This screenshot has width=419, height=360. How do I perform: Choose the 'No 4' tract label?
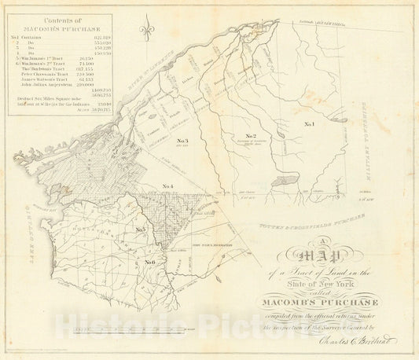click(x=167, y=186)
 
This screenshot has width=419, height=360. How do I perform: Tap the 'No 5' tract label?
click(x=142, y=230)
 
